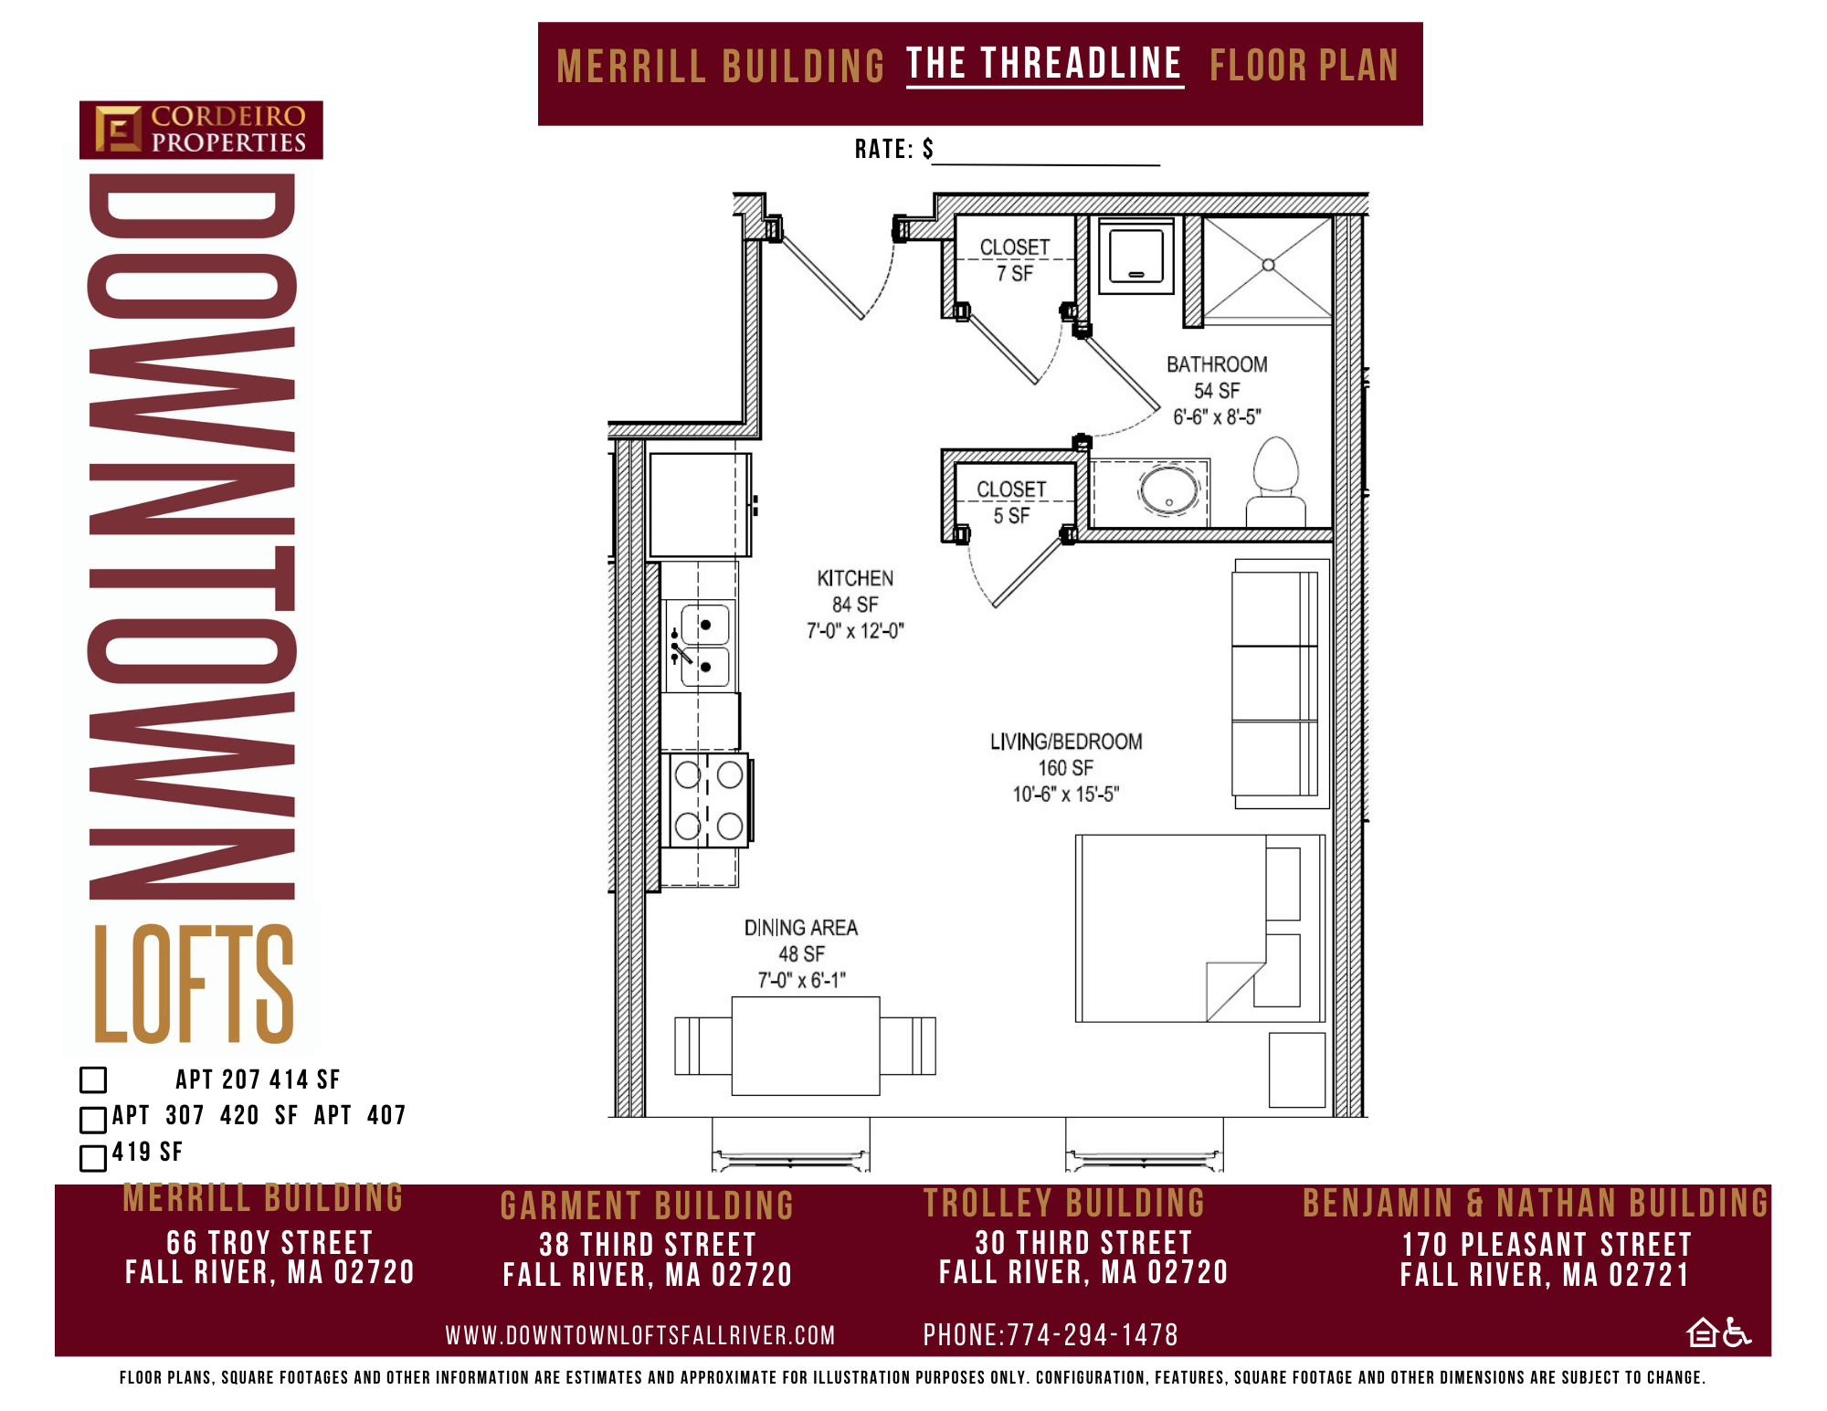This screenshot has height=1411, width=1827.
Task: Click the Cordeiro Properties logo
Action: click(201, 130)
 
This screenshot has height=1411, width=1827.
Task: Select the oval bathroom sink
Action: click(1168, 490)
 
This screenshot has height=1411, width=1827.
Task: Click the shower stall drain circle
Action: click(1268, 265)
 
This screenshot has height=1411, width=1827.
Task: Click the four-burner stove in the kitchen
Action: click(706, 801)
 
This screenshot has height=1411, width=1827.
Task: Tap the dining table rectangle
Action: click(806, 1046)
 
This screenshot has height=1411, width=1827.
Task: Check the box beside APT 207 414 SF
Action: click(93, 1079)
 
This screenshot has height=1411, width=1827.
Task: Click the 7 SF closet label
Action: click(1015, 260)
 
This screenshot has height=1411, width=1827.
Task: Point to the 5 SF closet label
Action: click(1012, 502)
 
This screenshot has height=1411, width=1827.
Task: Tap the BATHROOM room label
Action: click(1217, 364)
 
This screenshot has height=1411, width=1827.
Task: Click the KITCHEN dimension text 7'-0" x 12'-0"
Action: click(855, 631)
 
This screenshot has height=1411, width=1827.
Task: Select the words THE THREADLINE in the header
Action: click(1044, 64)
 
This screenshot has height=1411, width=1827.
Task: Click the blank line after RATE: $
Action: click(1047, 164)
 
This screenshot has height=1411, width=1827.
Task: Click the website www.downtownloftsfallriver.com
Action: click(640, 1336)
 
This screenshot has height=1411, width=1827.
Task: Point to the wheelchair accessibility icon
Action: click(1737, 1332)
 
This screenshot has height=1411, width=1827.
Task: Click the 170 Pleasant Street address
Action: click(1546, 1259)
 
